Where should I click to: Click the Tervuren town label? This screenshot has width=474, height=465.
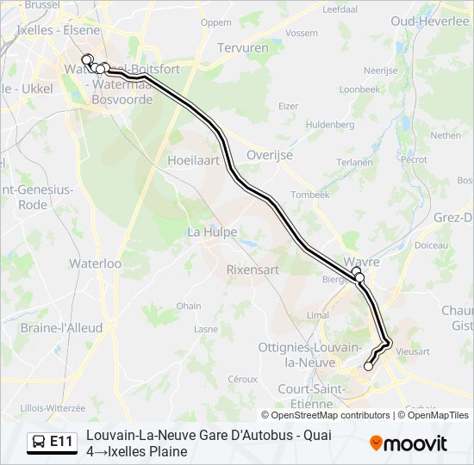[245, 48]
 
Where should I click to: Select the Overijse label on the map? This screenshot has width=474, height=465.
[270, 155]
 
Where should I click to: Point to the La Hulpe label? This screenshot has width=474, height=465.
[212, 232]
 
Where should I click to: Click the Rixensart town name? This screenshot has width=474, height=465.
[253, 270]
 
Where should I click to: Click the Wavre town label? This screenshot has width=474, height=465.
[361, 261]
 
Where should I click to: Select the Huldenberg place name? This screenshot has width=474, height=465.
[330, 125]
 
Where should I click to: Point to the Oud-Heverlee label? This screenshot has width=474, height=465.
[429, 21]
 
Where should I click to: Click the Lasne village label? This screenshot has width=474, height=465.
[206, 329]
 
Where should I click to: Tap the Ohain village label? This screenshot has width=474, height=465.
[189, 306]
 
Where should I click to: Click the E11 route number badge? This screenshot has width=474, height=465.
[61, 443]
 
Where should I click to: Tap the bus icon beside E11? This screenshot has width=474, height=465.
[40, 443]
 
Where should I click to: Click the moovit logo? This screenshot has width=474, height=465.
[409, 443]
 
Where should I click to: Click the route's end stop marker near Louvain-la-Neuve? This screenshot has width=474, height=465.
[369, 366]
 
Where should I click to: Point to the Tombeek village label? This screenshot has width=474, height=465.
[310, 195]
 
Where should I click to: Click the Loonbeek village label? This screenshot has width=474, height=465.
[359, 90]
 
